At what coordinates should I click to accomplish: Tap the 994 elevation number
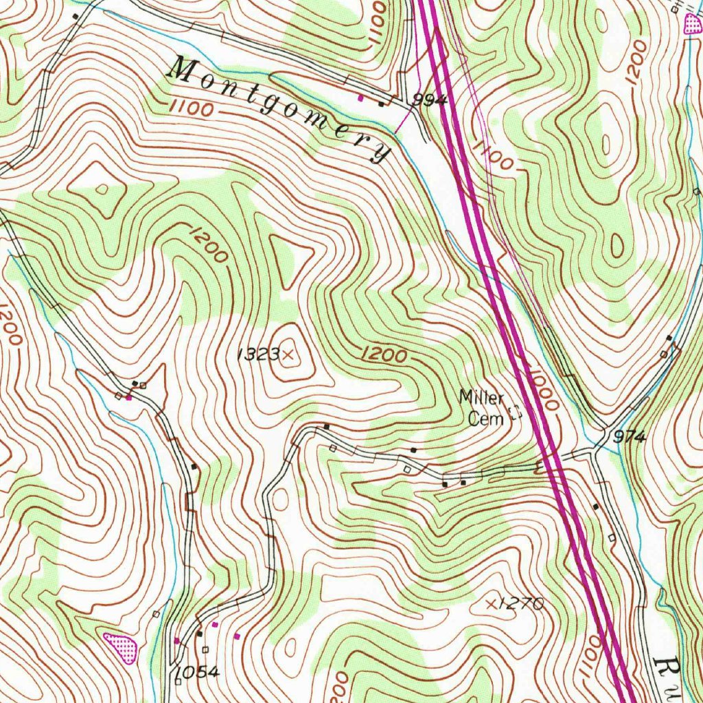430,101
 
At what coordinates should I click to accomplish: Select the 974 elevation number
630,437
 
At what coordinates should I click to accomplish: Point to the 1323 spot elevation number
258,354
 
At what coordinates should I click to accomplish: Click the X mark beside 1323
288,354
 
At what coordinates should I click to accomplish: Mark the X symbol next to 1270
491,603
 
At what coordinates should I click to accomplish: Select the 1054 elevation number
198,672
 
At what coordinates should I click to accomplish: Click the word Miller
481,397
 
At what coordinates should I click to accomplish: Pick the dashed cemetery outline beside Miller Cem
514,413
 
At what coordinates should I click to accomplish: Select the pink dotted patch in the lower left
121,647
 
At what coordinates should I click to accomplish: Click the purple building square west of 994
361,98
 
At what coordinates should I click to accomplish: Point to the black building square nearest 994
382,104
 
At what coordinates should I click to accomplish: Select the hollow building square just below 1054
178,682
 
